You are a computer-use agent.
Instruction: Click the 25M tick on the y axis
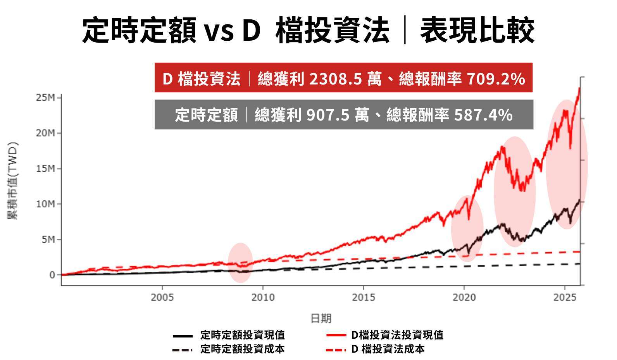coord(45,98)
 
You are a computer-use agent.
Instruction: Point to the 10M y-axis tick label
coord(45,204)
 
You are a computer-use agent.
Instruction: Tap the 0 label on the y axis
coord(52,275)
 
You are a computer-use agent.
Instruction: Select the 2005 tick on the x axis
coord(162,298)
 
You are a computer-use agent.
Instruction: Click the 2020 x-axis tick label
coord(464,298)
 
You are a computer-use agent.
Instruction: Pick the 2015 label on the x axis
coord(363,298)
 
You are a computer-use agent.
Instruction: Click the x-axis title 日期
coord(321,319)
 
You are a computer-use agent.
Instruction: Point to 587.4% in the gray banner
coord(483,115)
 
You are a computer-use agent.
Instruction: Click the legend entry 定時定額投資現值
coord(242,335)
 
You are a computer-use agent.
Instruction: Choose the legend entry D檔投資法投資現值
coord(397,335)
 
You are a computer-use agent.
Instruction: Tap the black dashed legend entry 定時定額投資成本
coord(242,349)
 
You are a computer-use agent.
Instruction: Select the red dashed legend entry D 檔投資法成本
coord(388,349)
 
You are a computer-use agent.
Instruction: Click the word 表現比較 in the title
coord(477,30)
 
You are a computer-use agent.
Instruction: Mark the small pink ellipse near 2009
coord(240,263)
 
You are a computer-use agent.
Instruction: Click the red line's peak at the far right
coord(579,89)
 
